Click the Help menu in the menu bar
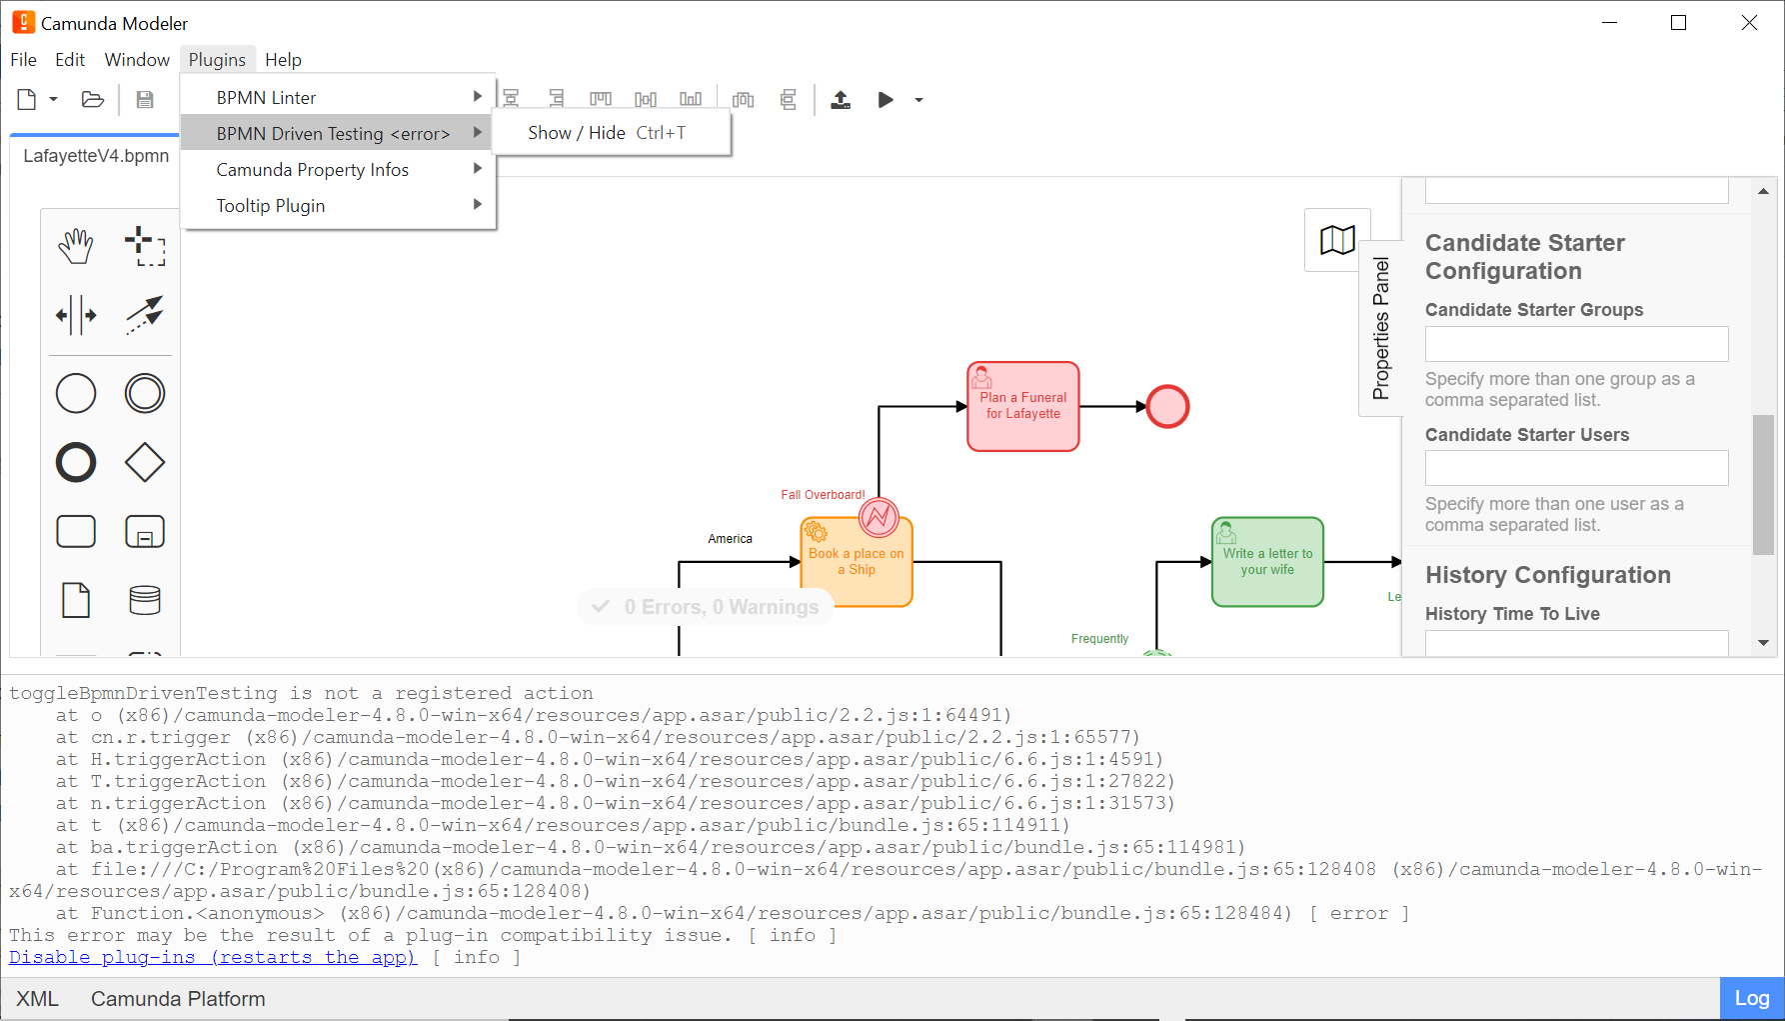coord(283,60)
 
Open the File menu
coord(23,60)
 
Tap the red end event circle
coord(1167,407)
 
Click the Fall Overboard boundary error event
coord(879,517)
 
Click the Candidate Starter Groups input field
coord(1576,344)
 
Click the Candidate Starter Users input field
coord(1576,468)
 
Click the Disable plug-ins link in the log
coord(213,957)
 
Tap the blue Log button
coord(1751,998)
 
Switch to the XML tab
coord(38,999)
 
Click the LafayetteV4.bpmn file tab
coord(96,156)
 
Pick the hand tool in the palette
coord(76,246)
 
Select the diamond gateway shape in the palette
coord(145,463)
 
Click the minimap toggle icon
coord(1337,240)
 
